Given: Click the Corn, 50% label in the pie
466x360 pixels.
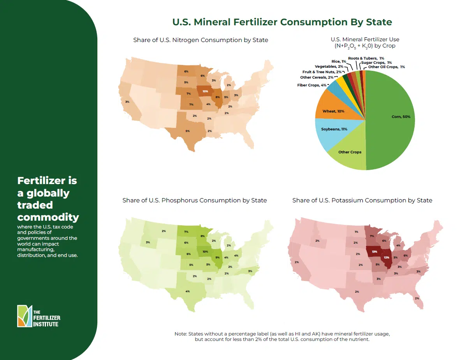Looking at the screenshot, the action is coord(401,117).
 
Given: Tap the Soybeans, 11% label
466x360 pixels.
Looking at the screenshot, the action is coord(334,129).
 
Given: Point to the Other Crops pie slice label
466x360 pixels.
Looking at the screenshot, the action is coord(350,152).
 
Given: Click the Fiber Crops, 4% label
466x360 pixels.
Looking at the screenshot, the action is coord(312,85).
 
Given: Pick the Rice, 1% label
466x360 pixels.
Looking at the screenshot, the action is coord(339,61).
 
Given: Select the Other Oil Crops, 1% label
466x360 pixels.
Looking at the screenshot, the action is coord(386,67).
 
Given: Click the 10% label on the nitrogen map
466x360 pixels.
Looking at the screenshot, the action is coord(206,91).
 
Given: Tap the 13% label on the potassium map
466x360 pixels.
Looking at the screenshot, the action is coord(375,251).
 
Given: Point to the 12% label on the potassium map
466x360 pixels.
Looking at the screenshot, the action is coord(387,258).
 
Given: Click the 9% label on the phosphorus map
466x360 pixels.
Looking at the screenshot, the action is coord(218,258).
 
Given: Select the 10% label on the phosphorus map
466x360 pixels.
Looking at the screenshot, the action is coord(206,251).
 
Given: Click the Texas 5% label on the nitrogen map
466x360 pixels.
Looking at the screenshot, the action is coord(188,131).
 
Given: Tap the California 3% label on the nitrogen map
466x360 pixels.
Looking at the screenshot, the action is coord(127,102).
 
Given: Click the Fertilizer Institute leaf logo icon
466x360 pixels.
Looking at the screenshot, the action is coord(25,316).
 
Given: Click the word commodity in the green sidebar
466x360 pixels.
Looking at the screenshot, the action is coord(48,217).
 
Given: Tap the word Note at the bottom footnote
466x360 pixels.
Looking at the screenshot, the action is coord(181,334).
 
